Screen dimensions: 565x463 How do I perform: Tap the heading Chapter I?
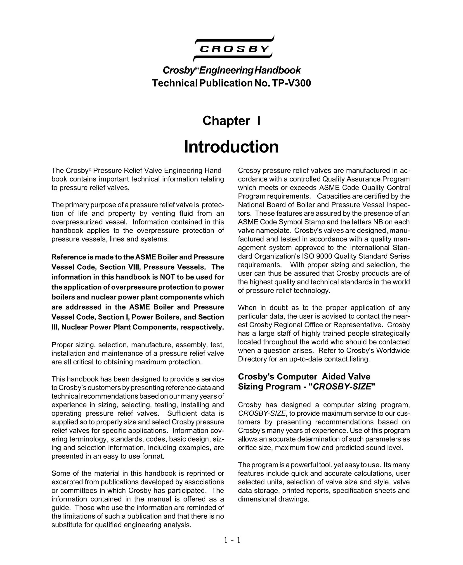coord(231,121)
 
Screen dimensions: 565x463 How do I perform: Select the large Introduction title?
coord(231,147)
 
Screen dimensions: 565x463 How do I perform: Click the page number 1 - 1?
coord(232,540)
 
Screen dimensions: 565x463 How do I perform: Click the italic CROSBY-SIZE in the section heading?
coord(342,387)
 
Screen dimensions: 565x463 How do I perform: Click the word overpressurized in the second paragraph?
coord(77,222)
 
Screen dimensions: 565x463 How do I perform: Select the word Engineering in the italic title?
coord(226,70)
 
